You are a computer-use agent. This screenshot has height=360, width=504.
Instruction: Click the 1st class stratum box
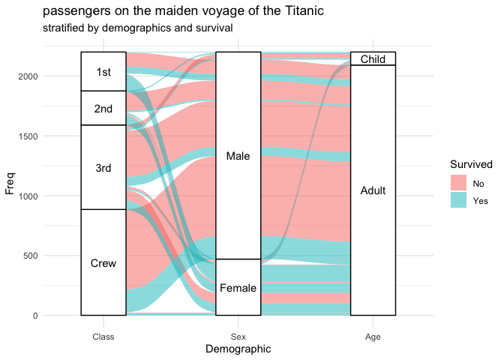(x=103, y=71)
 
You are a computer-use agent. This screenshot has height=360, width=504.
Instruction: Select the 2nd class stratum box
(x=103, y=108)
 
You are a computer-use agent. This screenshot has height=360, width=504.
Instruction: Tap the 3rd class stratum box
(x=103, y=167)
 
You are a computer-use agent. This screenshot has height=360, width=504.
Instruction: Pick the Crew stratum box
(x=103, y=262)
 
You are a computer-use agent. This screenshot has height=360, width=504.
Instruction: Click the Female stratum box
(x=238, y=287)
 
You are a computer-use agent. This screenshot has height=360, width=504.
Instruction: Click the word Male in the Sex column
(x=238, y=156)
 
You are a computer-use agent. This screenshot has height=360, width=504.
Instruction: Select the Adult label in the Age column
(x=373, y=190)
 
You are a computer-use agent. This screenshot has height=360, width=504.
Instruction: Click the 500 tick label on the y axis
(x=65, y=256)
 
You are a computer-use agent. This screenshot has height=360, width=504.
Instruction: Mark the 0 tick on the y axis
(x=70, y=316)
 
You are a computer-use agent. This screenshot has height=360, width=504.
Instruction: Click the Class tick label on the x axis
(x=103, y=337)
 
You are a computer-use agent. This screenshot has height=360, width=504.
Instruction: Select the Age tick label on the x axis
(x=373, y=337)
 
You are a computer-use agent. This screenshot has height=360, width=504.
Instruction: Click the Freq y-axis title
(x=10, y=183)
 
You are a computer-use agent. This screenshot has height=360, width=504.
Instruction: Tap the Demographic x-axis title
(x=238, y=349)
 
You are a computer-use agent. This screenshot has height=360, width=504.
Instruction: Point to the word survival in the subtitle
(x=211, y=28)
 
